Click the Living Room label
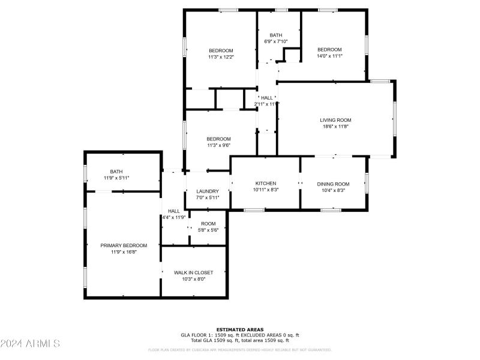click(x=335, y=120)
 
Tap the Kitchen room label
click(x=266, y=184)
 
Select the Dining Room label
click(x=333, y=184)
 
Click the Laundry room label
click(x=208, y=191)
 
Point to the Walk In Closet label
click(x=193, y=272)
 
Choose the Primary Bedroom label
click(x=124, y=245)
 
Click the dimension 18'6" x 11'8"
click(x=335, y=127)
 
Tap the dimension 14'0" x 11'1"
click(x=329, y=56)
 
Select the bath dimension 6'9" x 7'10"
click(x=276, y=41)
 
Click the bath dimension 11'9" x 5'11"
click(x=116, y=178)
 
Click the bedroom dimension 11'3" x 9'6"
click(x=218, y=145)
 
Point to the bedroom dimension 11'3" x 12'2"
click(x=221, y=57)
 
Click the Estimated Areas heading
click(x=240, y=329)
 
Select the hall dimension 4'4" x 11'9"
click(x=174, y=217)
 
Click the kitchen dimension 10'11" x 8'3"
click(x=266, y=190)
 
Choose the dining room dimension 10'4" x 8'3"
click(x=333, y=190)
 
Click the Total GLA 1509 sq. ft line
click(x=240, y=340)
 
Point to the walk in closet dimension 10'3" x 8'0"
click(x=193, y=279)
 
